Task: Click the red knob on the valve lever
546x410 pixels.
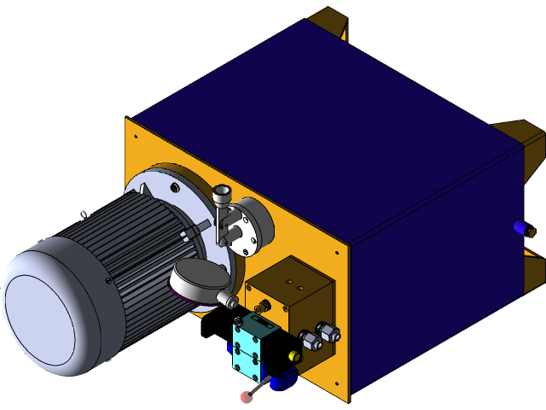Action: tap(247, 397)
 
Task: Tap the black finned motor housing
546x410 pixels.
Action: tap(141, 256)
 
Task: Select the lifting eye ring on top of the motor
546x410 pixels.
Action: tap(81, 213)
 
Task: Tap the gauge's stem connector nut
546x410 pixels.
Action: tap(231, 301)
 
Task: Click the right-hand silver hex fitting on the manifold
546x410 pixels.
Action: tap(328, 332)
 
